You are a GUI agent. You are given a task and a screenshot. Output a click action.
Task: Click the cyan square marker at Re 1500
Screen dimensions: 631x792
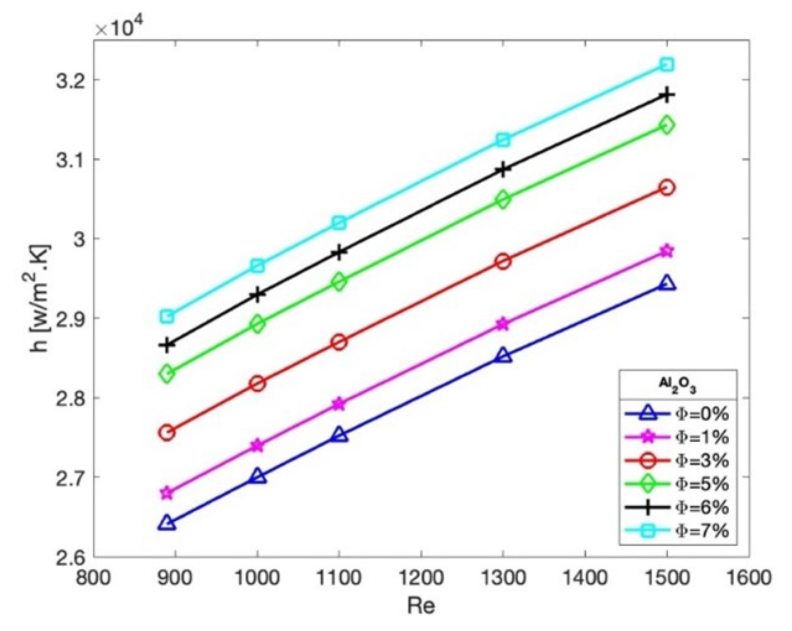[667, 65]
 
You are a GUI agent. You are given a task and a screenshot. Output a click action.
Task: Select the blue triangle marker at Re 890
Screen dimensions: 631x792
[167, 523]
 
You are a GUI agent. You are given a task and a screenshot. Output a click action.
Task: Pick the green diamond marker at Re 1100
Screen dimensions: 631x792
[339, 282]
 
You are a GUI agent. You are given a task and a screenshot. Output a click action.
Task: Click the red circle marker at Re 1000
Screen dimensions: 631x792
[257, 384]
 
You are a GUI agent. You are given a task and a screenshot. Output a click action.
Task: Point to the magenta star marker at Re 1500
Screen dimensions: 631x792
[667, 251]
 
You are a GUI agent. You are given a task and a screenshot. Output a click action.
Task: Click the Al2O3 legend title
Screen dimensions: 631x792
[678, 385]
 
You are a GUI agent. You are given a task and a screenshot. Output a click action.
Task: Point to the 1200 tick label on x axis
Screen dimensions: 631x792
[421, 578]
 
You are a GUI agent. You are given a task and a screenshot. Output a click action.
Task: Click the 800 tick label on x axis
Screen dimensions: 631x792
[94, 578]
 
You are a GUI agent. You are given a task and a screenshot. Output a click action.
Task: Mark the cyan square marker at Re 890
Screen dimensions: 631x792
[167, 316]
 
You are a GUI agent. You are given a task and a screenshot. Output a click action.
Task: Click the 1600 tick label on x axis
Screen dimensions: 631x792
[748, 578]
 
